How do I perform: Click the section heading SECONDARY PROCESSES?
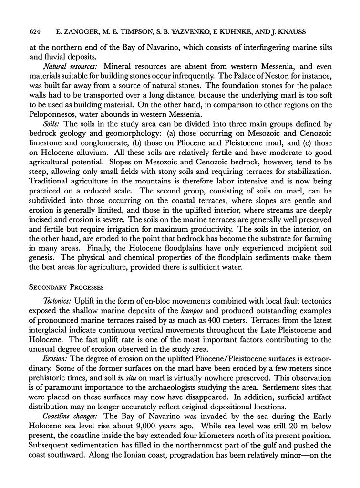coord(72,288)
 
